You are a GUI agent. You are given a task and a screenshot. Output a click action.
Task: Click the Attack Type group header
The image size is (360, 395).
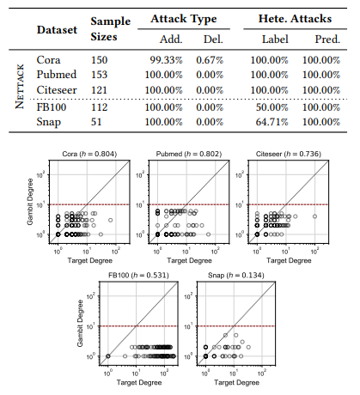tap(184, 18)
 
